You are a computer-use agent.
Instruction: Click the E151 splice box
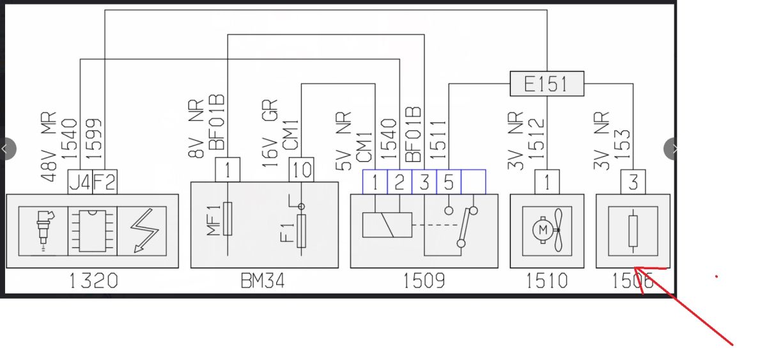[x=547, y=84]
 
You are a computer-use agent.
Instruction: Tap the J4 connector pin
[x=80, y=182]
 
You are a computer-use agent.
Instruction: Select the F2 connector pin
[x=105, y=182]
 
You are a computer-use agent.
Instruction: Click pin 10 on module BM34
[x=301, y=169]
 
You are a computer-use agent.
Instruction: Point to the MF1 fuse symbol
[x=228, y=219]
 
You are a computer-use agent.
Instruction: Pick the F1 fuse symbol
[x=301, y=231]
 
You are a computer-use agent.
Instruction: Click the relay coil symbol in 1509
[x=387, y=225]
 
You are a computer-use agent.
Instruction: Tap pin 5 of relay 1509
[x=449, y=182]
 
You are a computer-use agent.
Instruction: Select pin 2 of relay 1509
[x=399, y=182]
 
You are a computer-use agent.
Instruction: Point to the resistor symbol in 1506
[x=633, y=231]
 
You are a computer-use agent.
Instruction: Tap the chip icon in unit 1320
[x=93, y=231]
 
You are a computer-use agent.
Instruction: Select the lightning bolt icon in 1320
[x=144, y=231]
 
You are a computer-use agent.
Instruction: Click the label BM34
[x=263, y=281]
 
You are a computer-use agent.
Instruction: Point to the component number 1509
[x=424, y=281]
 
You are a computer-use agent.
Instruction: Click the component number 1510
[x=547, y=281]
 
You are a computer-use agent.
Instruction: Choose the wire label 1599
[x=94, y=139]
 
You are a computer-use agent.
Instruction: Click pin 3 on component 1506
[x=633, y=182]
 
